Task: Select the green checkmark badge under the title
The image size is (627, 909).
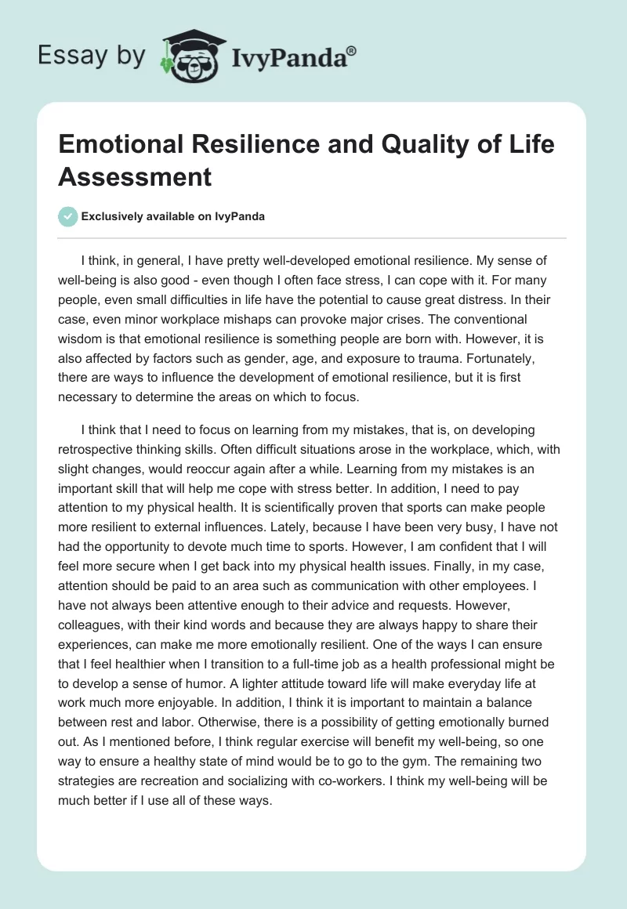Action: point(67,216)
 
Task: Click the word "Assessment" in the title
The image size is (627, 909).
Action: point(135,176)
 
